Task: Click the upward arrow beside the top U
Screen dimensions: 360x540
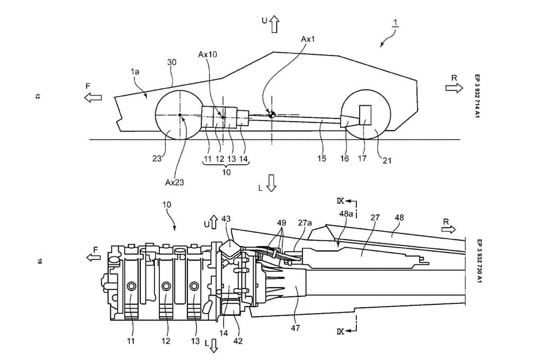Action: (274, 23)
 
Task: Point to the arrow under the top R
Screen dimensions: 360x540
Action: (451, 87)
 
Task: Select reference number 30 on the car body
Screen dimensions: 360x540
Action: (172, 62)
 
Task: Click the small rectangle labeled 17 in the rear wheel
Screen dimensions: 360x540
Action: (364, 116)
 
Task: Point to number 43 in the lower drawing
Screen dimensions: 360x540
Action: (226, 219)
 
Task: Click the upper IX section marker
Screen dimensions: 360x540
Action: (341, 201)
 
